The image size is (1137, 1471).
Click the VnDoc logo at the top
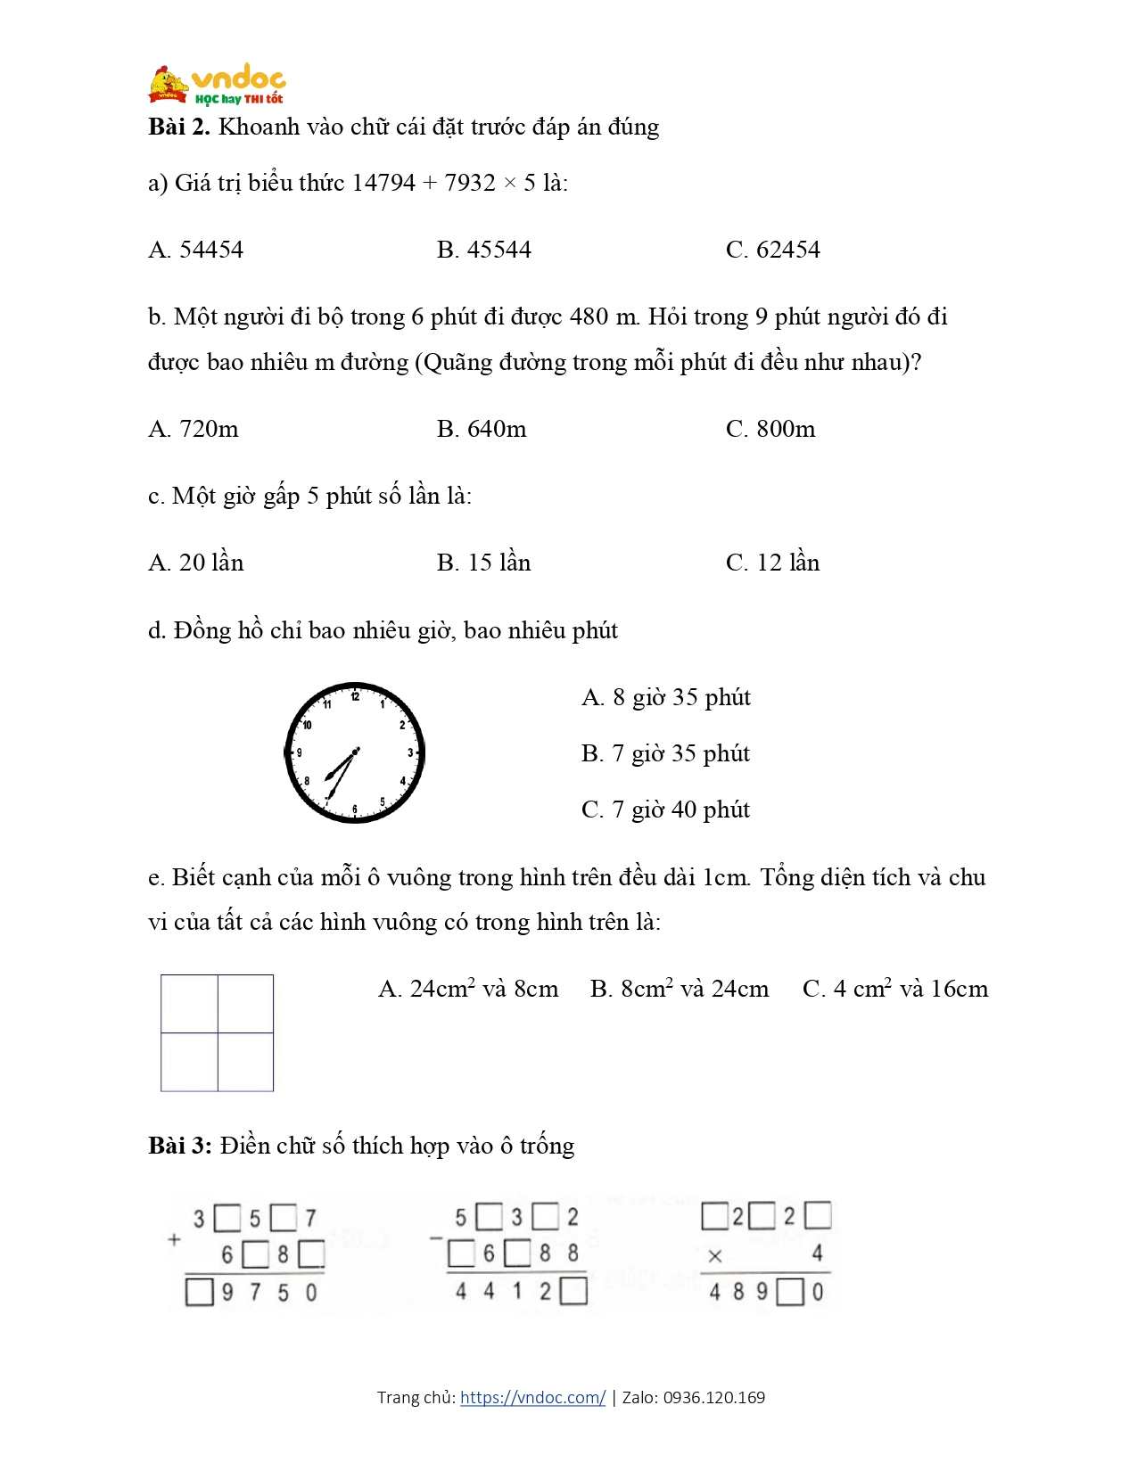coord(217,86)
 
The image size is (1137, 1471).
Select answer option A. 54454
coord(195,250)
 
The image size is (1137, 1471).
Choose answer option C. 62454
coord(772,250)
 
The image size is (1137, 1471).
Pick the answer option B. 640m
coord(482,429)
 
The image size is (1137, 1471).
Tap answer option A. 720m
coord(194,429)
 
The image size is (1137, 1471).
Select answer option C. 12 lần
coord(772,563)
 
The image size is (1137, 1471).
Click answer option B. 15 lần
coord(483,563)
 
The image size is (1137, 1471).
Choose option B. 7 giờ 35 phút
coord(665,753)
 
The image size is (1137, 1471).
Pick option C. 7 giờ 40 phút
coord(665,809)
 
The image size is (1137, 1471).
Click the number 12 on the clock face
coord(355,696)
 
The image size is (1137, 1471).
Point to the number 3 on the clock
coord(410,753)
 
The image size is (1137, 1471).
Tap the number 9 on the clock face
coord(300,753)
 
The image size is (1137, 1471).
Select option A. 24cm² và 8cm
coord(468,989)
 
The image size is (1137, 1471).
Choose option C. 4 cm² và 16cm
coord(895,989)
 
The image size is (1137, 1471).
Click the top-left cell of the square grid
coord(190,1004)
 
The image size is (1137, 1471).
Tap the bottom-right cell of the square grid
coord(246,1062)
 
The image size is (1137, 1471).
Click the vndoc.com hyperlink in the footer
coord(532,1397)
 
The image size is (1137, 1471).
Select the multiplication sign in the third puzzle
coord(714,1256)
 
